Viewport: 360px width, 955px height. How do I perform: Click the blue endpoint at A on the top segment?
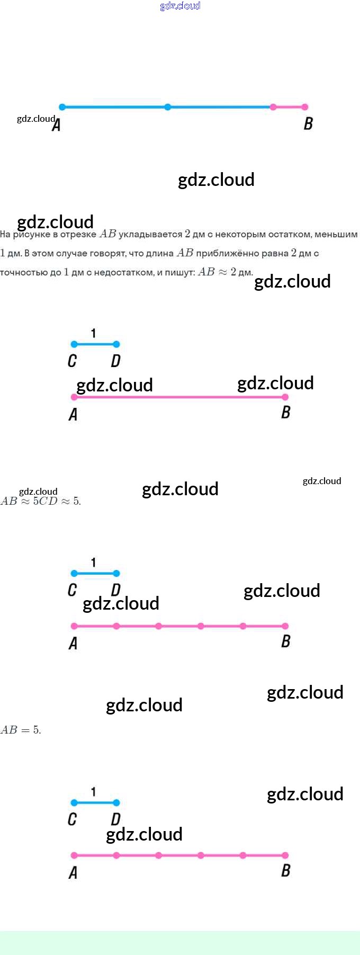click(x=62, y=107)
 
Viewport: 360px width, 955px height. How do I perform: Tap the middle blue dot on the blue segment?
click(x=168, y=107)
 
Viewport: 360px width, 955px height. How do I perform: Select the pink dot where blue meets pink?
click(x=273, y=107)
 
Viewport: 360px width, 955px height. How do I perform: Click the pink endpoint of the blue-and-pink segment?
click(x=305, y=107)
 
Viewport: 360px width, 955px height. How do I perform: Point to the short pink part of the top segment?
click(x=289, y=107)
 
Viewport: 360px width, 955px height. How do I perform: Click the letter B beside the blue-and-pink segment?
click(x=308, y=124)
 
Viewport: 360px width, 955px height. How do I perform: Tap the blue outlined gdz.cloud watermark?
click(x=180, y=6)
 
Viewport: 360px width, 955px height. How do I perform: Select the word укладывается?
click(x=150, y=234)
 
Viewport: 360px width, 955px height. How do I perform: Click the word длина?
click(x=160, y=253)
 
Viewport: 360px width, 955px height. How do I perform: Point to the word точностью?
click(x=20, y=273)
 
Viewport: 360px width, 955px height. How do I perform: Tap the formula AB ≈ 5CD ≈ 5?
click(x=41, y=501)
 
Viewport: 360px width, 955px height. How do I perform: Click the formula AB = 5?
click(x=21, y=730)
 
